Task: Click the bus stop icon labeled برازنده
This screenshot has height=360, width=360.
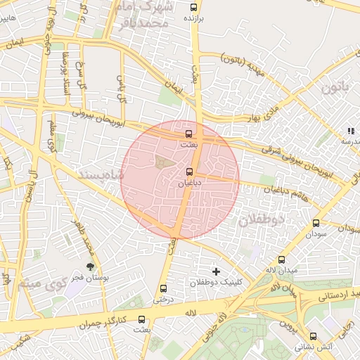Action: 194,8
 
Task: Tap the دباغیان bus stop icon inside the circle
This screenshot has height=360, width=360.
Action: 188,172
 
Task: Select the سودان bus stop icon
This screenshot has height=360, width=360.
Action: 315,224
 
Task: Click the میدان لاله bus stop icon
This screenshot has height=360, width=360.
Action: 282,259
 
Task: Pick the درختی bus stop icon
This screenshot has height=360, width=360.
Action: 164,288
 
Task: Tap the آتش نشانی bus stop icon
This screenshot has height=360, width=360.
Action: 313,336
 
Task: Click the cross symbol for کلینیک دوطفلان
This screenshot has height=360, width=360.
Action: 216,271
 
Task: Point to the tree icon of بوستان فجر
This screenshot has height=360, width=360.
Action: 90,266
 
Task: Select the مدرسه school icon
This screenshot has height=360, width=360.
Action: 350,131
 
